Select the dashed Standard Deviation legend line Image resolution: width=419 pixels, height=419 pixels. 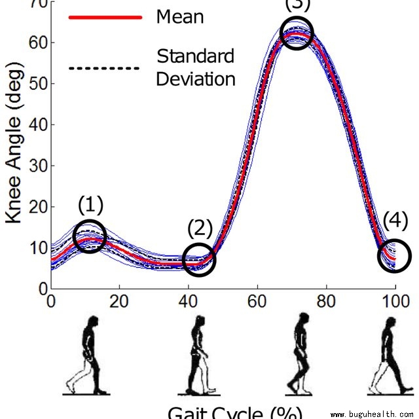105,67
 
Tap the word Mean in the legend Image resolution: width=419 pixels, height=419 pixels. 179,16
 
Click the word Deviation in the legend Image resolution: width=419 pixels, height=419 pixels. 196,79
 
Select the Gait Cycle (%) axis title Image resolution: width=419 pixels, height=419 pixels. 235,412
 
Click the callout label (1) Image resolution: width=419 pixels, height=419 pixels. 90,206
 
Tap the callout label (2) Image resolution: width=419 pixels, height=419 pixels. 200,228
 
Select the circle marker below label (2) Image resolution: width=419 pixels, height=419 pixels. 199,259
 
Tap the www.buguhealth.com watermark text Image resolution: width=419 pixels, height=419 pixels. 373,414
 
